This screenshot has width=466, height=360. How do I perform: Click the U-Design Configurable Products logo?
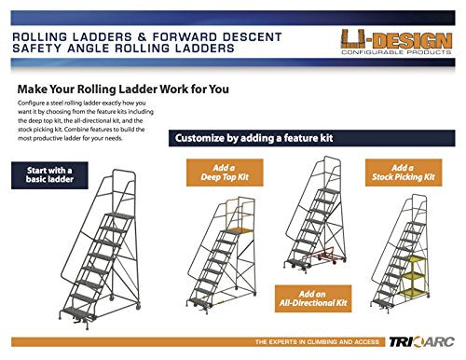click(x=396, y=42)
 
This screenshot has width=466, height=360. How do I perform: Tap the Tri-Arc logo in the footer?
click(x=422, y=342)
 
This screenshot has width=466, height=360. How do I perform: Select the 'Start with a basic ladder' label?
click(x=49, y=175)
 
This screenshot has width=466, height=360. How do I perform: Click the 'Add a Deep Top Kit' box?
click(x=225, y=173)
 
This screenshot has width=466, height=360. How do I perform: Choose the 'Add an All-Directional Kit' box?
click(x=313, y=298)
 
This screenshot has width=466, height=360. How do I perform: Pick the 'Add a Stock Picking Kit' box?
click(x=404, y=173)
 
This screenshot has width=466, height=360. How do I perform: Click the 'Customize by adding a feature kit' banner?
click(x=311, y=138)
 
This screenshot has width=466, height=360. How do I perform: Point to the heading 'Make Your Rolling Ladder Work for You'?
click(x=123, y=90)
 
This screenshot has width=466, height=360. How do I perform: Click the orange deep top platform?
click(x=240, y=230)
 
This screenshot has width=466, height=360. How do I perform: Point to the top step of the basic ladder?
click(x=119, y=216)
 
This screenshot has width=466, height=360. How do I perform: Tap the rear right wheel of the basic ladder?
click(x=138, y=306)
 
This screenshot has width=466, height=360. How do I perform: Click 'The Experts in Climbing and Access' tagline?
click(x=317, y=342)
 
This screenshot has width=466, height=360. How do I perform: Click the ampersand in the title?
click(x=142, y=37)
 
